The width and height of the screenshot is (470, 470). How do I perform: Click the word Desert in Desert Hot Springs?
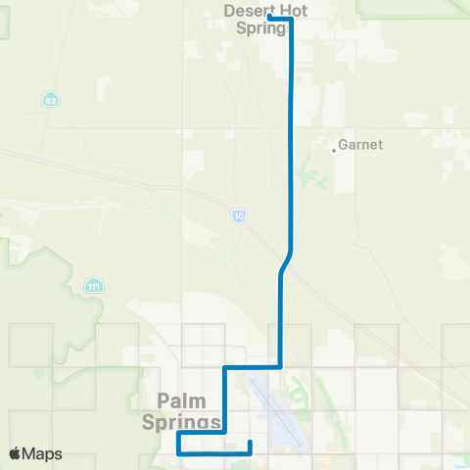(243, 11)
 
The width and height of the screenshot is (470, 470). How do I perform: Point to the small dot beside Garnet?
(334, 150)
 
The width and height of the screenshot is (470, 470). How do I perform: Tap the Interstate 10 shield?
(239, 215)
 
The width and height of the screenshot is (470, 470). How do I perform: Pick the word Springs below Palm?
(189, 422)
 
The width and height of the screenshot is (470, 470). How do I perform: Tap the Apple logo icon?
(15, 453)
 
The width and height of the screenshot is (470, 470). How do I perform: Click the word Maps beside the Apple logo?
(43, 454)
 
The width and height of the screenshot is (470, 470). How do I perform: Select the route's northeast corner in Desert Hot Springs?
(291, 19)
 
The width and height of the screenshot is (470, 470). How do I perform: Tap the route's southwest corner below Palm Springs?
(179, 453)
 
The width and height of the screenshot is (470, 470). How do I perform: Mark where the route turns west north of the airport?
(281, 367)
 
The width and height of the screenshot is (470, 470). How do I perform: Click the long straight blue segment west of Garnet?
(291, 147)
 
